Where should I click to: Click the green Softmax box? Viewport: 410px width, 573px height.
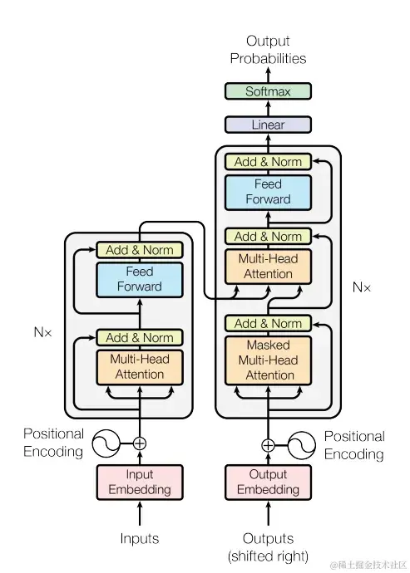click(x=268, y=91)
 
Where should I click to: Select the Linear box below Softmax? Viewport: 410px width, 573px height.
click(x=268, y=125)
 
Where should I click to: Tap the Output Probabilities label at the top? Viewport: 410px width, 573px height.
click(x=268, y=50)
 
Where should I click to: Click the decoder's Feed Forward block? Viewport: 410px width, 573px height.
click(x=268, y=192)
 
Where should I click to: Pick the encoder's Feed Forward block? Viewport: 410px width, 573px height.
click(x=140, y=280)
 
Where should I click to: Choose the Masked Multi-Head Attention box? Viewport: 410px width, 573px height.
click(x=268, y=360)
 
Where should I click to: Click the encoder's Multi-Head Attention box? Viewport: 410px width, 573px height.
click(x=140, y=367)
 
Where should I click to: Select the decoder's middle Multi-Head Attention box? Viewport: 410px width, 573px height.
click(x=268, y=267)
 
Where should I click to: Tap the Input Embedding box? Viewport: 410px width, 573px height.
click(x=140, y=482)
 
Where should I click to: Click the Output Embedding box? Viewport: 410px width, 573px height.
click(x=268, y=482)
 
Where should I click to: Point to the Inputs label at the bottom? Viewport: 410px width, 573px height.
click(x=140, y=539)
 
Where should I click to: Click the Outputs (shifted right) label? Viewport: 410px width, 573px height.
click(x=268, y=546)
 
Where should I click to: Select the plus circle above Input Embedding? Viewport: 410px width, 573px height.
click(x=140, y=443)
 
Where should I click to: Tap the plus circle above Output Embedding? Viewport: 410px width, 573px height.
click(x=268, y=445)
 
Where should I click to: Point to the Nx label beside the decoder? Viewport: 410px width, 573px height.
click(x=362, y=287)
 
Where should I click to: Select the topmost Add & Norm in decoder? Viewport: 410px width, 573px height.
click(x=268, y=162)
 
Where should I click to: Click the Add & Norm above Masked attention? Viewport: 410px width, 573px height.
click(x=268, y=323)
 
